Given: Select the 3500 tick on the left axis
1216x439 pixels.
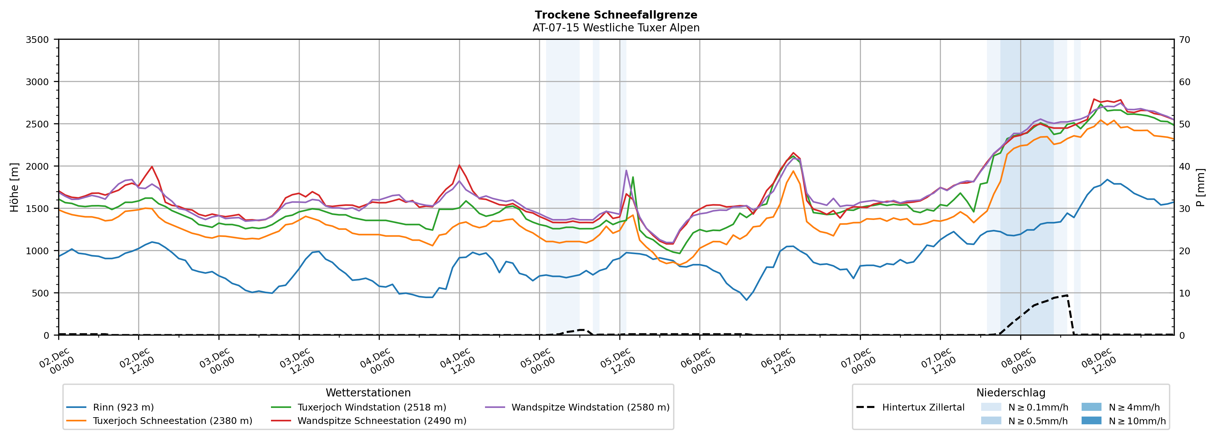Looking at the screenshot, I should [x=37, y=40].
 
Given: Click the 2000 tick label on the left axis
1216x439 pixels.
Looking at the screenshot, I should [x=37, y=166].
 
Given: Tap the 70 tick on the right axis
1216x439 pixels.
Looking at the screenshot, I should [x=1184, y=40].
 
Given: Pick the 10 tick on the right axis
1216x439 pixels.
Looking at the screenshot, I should [x=1184, y=293].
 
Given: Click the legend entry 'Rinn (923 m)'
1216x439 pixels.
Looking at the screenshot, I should [x=123, y=407].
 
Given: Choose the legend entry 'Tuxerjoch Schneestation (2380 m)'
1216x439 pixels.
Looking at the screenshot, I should [x=172, y=420].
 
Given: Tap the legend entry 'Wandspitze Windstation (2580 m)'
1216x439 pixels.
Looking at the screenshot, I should [x=590, y=407].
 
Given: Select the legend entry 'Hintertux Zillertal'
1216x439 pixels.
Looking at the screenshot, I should [x=923, y=407].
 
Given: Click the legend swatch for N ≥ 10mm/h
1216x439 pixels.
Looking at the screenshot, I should [x=1091, y=420].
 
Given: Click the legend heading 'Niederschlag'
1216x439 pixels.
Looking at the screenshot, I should [x=1011, y=393].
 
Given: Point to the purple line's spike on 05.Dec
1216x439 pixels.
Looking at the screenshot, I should [x=626, y=171].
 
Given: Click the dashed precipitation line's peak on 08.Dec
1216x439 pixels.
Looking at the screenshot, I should [x=1067, y=295].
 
